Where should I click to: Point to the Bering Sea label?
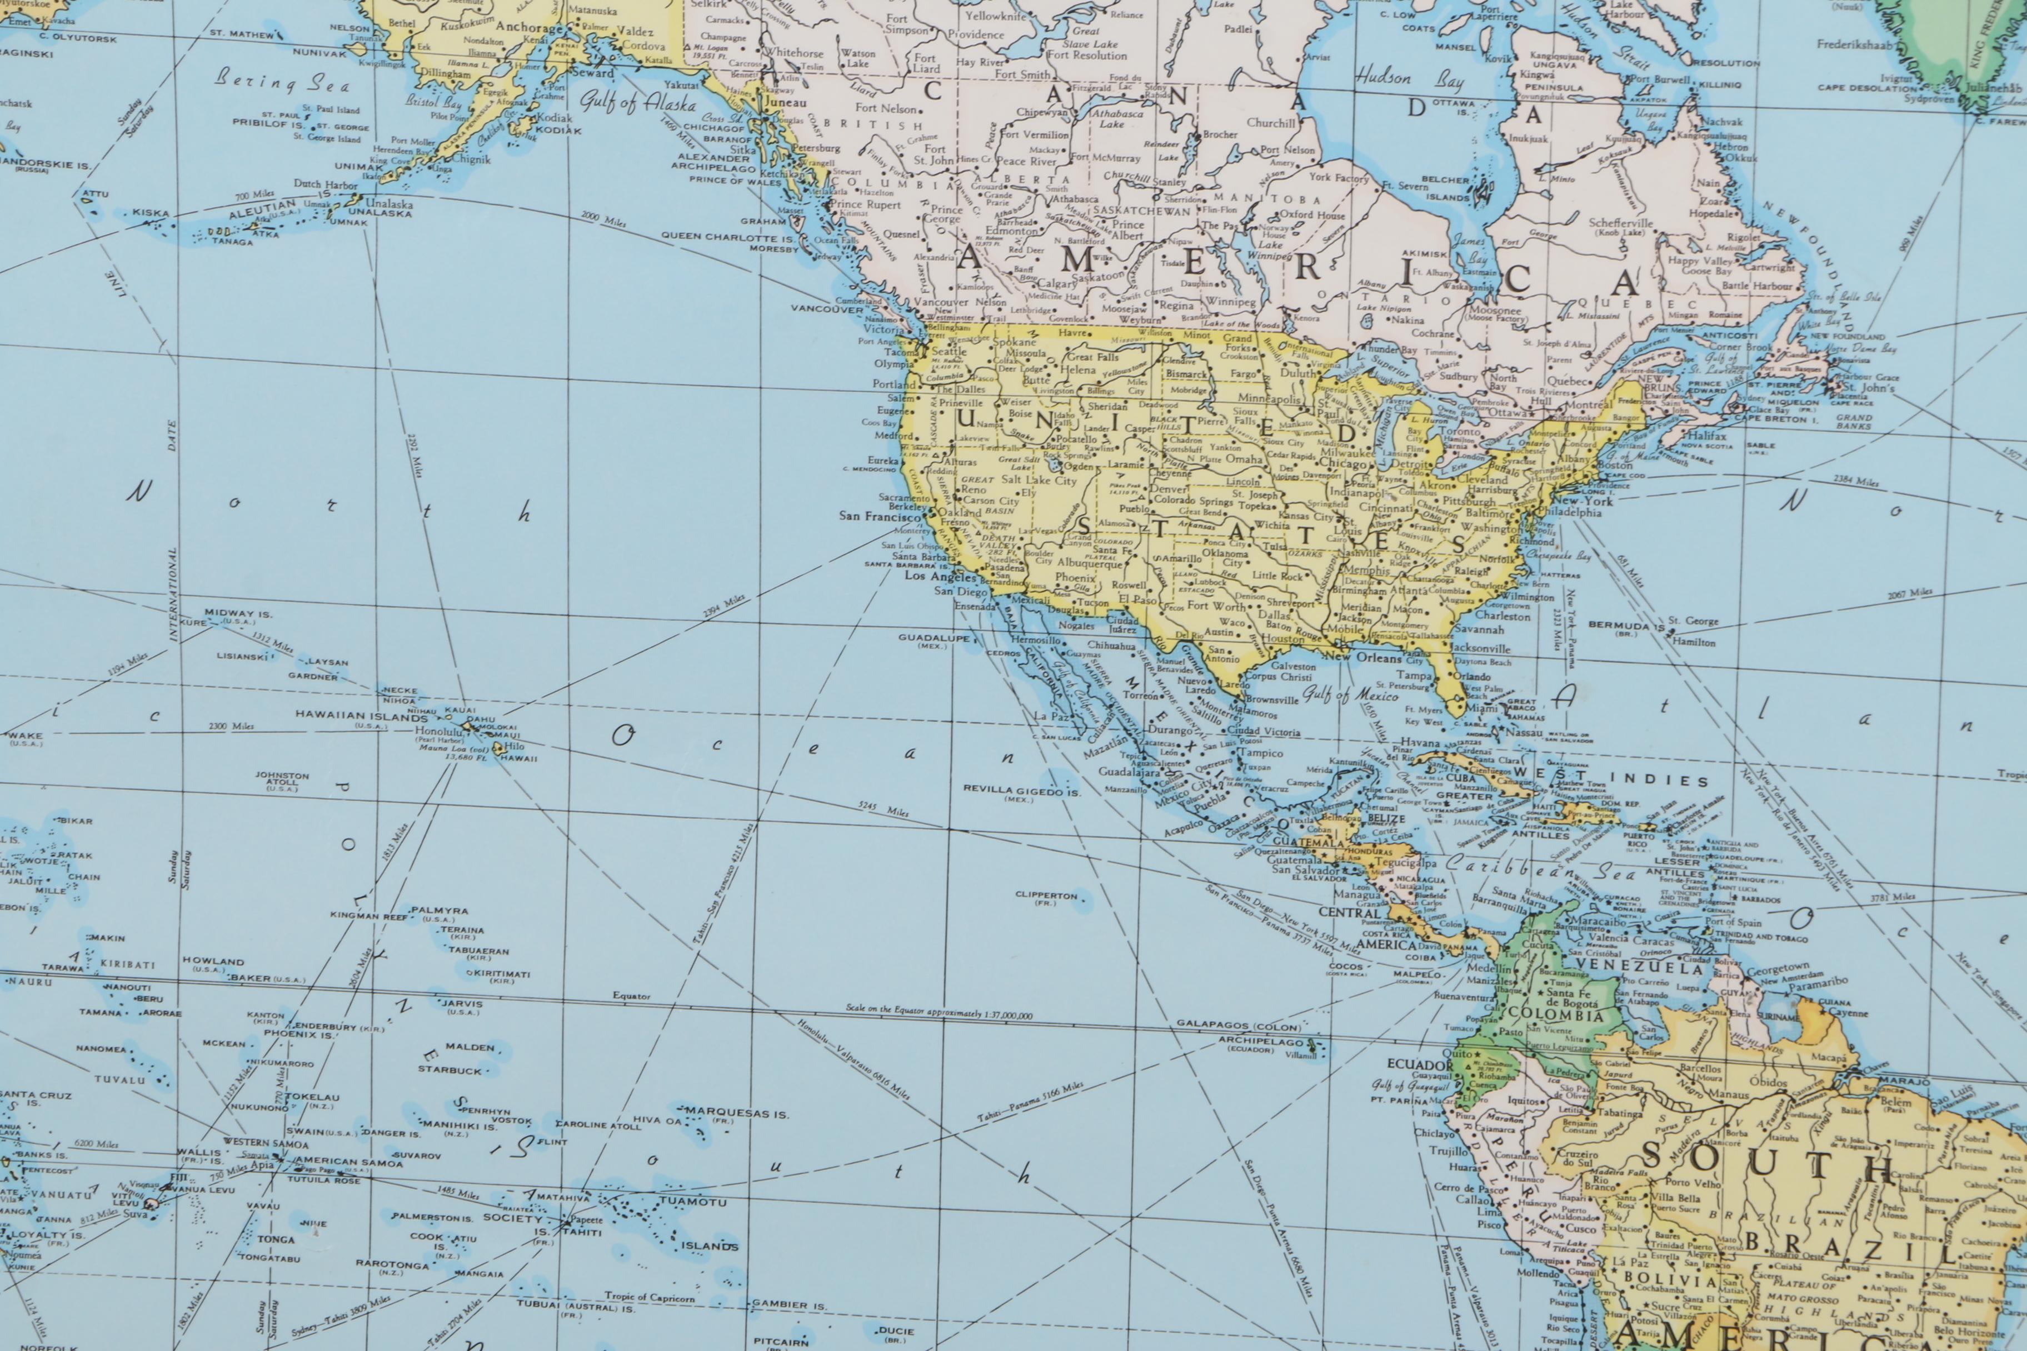pyautogui.click(x=282, y=83)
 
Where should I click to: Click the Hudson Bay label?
pyautogui.click(x=1408, y=80)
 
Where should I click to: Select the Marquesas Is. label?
pyautogui.click(x=737, y=1114)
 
